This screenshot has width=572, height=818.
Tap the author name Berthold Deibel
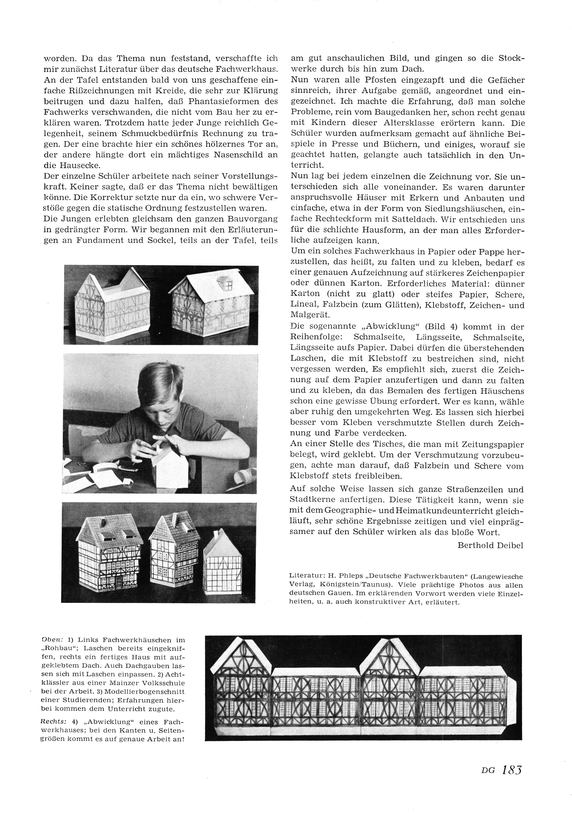point(490,545)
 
